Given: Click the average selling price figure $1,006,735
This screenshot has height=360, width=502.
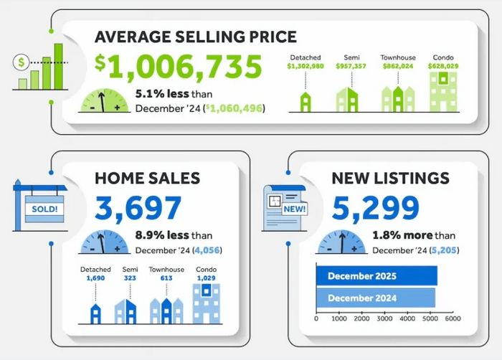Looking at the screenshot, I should [179, 67].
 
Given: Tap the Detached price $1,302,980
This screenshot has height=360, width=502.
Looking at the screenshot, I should [305, 67].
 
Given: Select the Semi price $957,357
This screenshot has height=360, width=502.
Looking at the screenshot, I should [348, 67].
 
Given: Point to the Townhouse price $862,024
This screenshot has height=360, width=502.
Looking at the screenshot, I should [397, 67].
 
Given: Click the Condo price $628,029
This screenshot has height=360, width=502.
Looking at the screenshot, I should [443, 67].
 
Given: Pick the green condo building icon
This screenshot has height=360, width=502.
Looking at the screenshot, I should [443, 92].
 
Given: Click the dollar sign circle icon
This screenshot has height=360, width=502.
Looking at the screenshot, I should [22, 62].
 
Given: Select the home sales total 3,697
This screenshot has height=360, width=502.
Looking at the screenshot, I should [138, 209].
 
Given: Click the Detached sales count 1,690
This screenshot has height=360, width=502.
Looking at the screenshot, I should [95, 278].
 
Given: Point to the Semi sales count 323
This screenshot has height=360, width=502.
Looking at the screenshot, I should [130, 278].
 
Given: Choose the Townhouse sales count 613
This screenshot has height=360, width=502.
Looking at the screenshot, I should [166, 278].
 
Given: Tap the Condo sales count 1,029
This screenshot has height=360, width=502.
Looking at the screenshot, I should [207, 278].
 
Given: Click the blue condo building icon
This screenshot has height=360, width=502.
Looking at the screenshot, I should [207, 303].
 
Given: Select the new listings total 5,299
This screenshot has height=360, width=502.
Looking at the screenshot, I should [375, 209].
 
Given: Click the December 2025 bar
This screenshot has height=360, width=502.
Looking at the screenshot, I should [376, 276].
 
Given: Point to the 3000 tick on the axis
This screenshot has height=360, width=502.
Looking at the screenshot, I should [384, 319].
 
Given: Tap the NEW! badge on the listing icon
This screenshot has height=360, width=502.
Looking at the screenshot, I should [295, 209].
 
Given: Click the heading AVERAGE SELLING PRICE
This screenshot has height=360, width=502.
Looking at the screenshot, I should [196, 37].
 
